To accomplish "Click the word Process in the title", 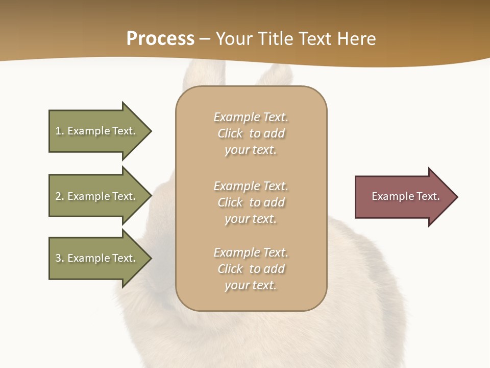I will [x=160, y=38].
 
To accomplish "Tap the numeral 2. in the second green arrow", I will [x=59, y=196].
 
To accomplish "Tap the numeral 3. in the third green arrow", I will [x=59, y=258].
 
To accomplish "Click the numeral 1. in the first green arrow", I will [x=59, y=131].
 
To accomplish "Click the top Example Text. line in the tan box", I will [x=251, y=117].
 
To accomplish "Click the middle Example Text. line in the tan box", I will [x=251, y=186].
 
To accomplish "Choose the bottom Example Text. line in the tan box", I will [x=251, y=252].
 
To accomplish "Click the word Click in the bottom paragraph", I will [x=230, y=269].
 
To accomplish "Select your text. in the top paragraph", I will [x=251, y=150].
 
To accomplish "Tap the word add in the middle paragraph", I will [x=275, y=202].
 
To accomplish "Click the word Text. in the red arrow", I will [x=427, y=196].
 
